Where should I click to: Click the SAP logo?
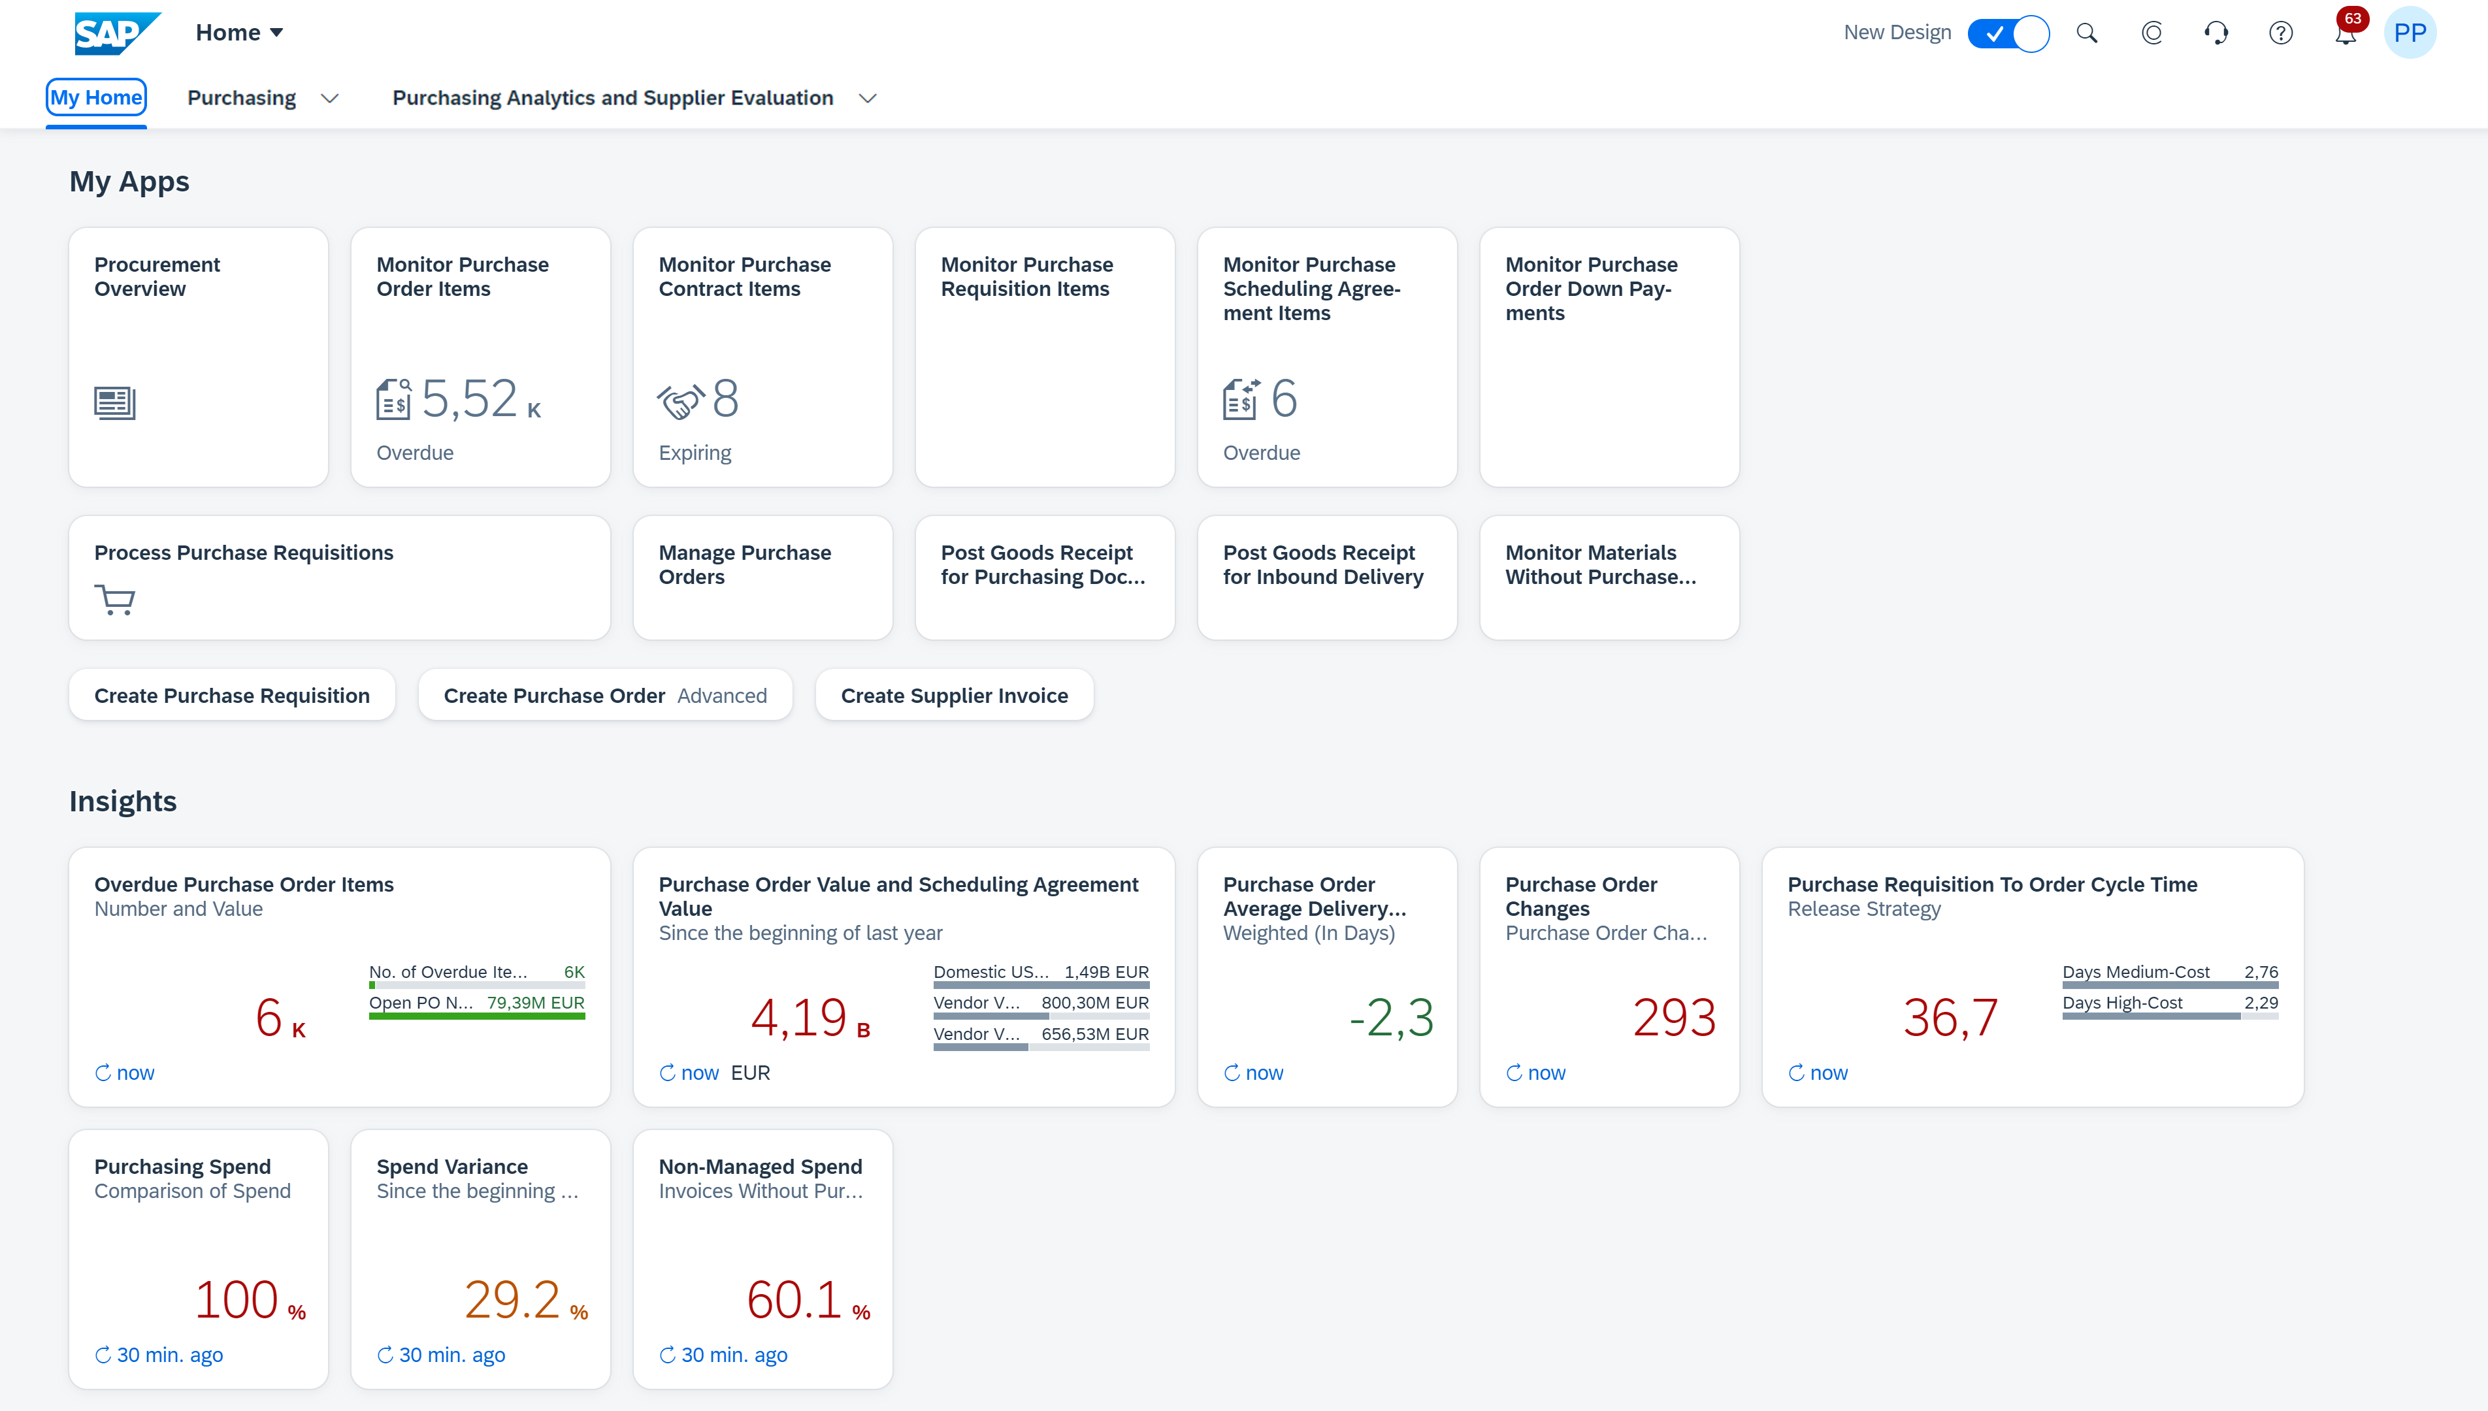117,33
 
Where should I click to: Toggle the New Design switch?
2008,33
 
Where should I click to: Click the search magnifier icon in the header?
2087,33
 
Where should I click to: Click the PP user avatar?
2410,33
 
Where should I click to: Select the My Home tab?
96,98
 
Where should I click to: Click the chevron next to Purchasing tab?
329,99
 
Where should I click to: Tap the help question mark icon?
2281,33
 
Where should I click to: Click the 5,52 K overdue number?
481,399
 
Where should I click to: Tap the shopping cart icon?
114,600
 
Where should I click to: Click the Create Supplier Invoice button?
955,695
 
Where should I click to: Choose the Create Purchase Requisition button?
232,695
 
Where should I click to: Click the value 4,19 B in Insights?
810,1018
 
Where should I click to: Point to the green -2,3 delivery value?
1391,1018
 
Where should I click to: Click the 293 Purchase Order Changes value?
1674,1018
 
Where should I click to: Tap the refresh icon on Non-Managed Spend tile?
668,1355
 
